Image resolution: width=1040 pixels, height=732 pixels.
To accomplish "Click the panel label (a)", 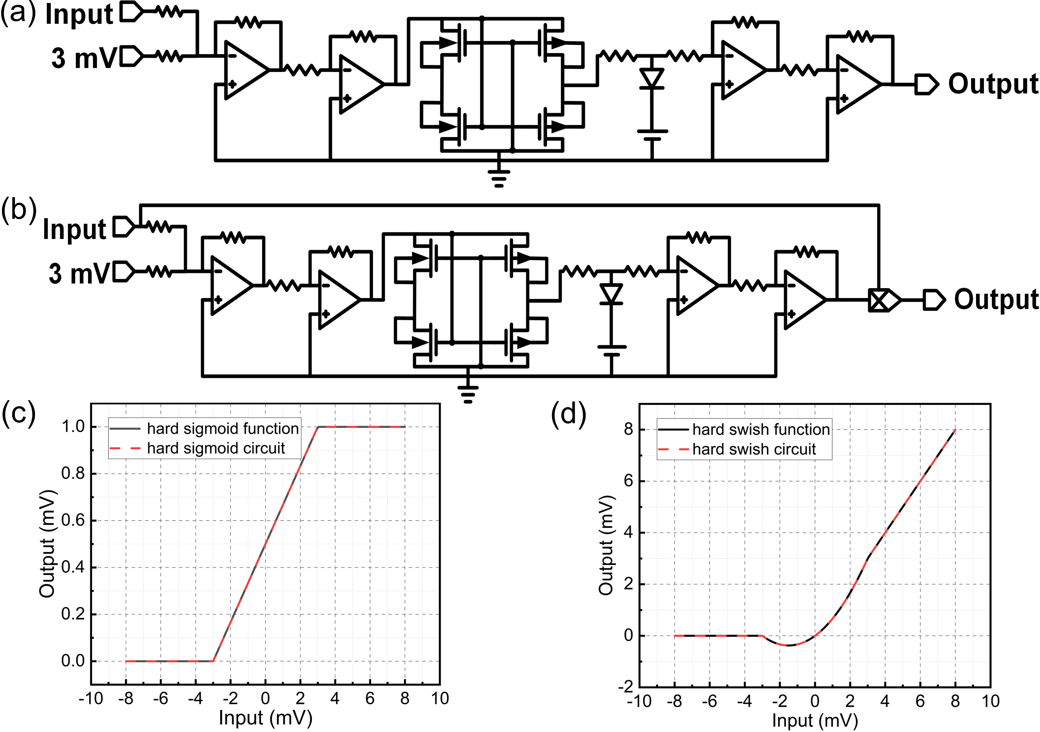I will click(x=18, y=14).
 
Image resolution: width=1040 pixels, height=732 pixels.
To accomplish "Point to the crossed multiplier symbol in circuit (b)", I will click(x=879, y=300).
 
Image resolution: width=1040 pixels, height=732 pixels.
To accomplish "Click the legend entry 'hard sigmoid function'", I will click(x=222, y=428).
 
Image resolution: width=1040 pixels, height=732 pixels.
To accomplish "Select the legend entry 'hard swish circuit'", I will click(x=754, y=449).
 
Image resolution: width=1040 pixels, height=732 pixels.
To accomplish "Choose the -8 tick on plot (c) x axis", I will click(x=126, y=698).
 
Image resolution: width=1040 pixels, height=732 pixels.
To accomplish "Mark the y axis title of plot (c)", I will click(x=47, y=544).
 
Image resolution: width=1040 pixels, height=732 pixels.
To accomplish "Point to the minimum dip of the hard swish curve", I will click(x=789, y=645).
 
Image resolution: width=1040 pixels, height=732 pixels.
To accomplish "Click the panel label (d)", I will click(x=568, y=414).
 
